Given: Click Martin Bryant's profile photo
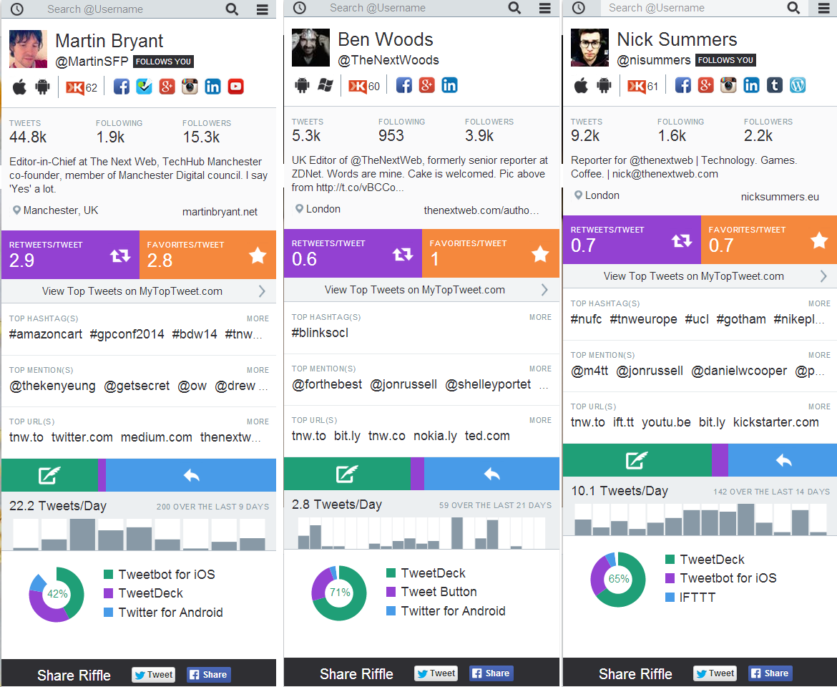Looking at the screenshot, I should tap(28, 49).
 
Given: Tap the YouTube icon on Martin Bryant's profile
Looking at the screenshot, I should tap(236, 87).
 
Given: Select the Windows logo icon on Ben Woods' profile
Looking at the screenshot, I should tap(325, 85).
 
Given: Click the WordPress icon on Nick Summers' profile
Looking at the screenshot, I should tap(798, 85).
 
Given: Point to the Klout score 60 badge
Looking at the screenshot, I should tap(364, 86).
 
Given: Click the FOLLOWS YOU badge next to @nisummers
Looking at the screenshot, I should tap(725, 60).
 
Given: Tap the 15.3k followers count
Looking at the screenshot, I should tap(201, 137).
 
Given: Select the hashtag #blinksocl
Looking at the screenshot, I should tap(320, 333).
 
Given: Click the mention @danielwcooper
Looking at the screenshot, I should tap(739, 371).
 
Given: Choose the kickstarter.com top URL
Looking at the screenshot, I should tap(775, 422).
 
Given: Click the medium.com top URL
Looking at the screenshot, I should tap(156, 437).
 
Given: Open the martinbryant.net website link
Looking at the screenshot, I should tap(220, 212).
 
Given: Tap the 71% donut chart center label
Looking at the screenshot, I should tap(339, 593).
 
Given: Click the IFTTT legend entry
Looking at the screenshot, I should tap(697, 597).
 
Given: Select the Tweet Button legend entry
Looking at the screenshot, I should tap(439, 592).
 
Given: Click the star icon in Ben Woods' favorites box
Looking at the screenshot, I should tap(540, 254).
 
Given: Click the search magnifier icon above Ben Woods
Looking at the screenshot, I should tap(514, 8).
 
